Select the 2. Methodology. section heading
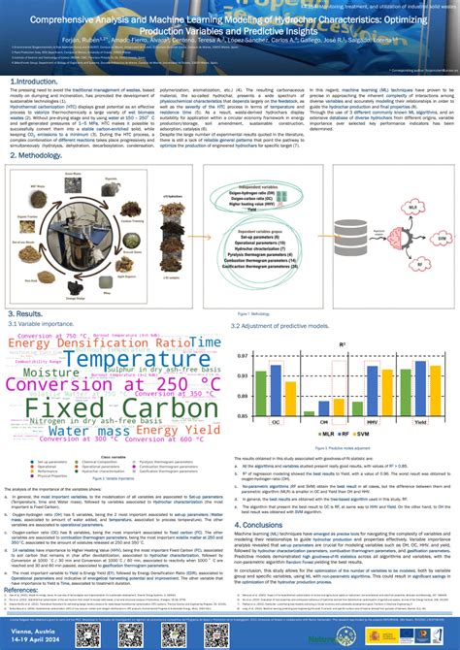pyautogui.click(x=38, y=154)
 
